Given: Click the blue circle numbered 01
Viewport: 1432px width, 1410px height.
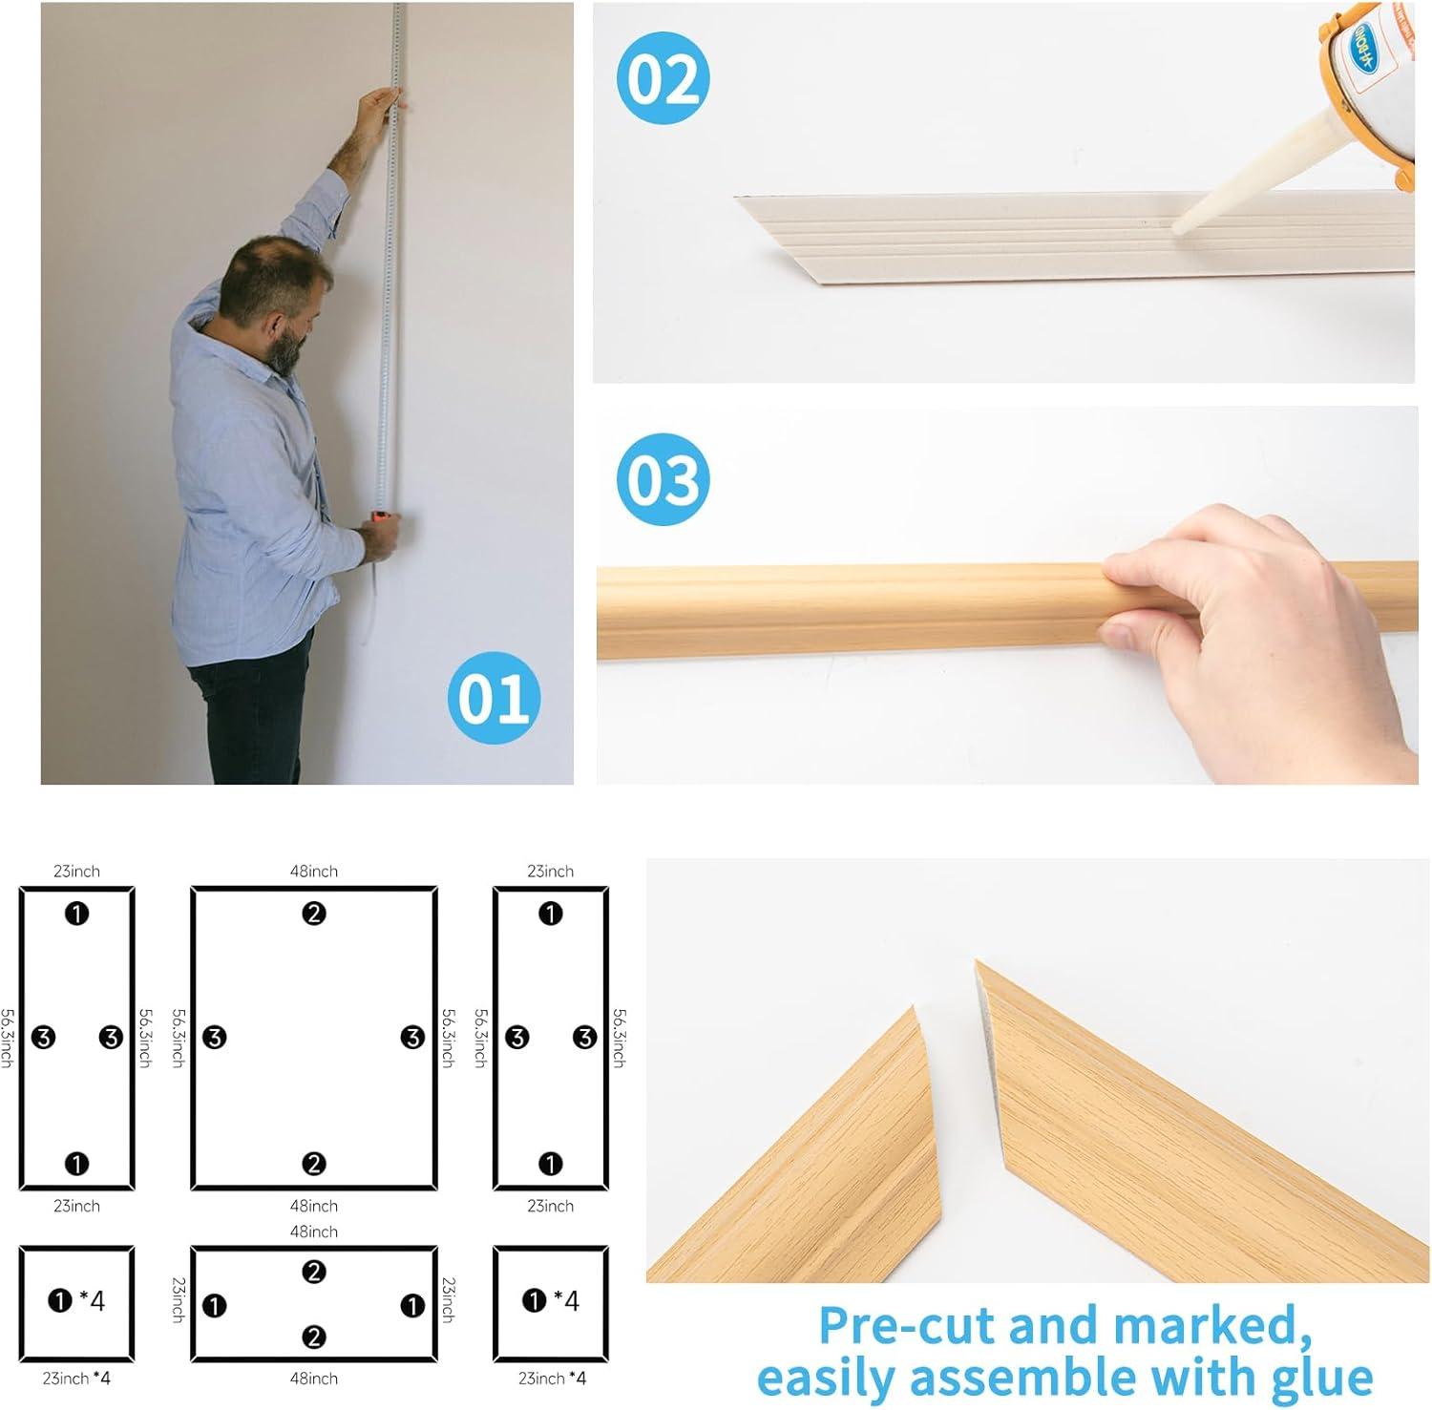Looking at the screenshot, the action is tap(494, 698).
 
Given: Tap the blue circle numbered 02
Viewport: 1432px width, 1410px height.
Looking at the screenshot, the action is tap(663, 78).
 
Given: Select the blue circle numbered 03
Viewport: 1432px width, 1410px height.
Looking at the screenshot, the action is tap(663, 479).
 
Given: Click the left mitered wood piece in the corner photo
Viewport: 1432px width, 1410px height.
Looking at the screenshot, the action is tap(792, 1146).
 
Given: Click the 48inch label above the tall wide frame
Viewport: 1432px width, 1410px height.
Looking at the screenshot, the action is tap(314, 872).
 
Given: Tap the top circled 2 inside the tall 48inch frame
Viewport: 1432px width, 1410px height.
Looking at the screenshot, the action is tap(314, 914).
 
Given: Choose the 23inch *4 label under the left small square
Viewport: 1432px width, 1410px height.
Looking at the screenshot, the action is tap(76, 1378).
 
